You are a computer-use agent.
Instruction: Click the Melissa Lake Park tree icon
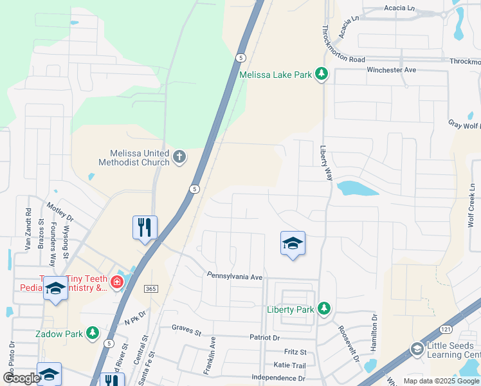(322, 75)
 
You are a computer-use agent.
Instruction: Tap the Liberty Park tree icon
(324, 309)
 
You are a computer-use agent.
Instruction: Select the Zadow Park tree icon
(94, 333)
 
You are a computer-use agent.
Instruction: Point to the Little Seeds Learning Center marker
(417, 349)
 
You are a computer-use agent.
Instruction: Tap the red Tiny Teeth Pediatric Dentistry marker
(116, 282)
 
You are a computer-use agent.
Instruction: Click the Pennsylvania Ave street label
(235, 276)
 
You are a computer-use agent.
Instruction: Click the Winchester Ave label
(392, 69)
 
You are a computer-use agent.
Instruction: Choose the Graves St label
(186, 327)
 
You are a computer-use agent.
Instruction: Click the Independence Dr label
(278, 378)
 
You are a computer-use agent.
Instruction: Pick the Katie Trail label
(289, 365)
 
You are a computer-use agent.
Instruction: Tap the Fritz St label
(296, 352)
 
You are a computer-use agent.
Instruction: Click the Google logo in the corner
(21, 378)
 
